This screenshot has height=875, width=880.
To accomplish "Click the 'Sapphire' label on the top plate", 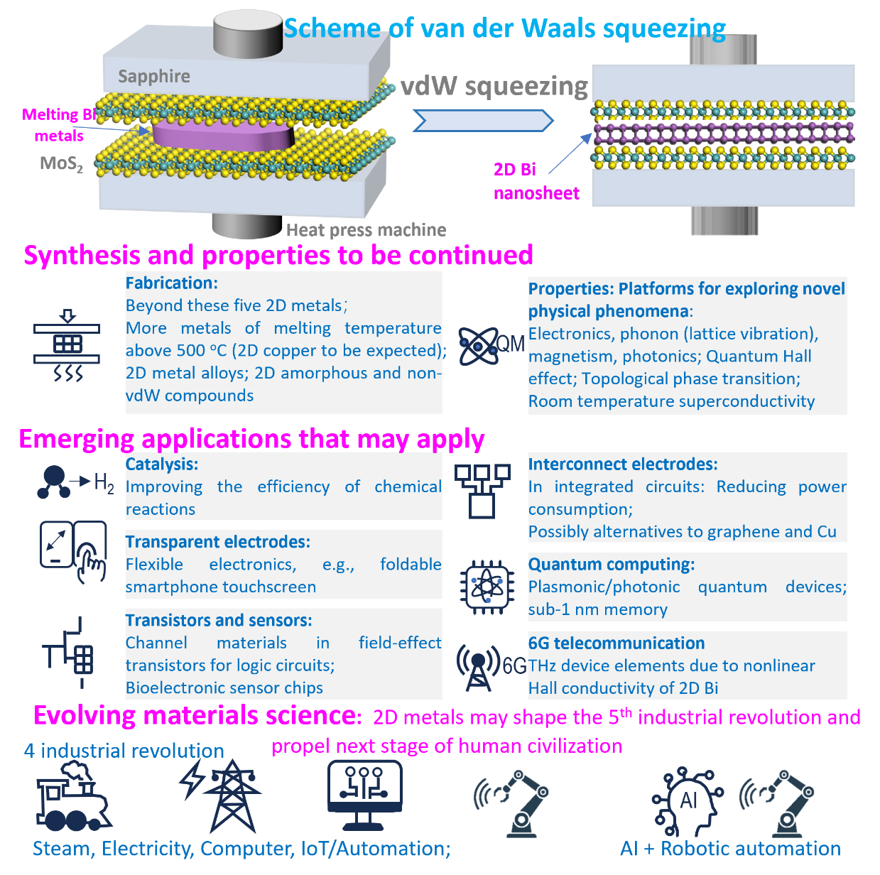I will click(x=154, y=77).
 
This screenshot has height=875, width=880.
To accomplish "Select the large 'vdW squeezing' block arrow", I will click(x=483, y=121).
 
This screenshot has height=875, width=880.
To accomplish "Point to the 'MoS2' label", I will click(x=61, y=164).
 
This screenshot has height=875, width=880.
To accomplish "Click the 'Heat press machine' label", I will click(x=366, y=230).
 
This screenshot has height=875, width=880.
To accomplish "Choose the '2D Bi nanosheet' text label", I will click(x=536, y=181).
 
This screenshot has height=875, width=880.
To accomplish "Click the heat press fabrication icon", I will click(x=67, y=345).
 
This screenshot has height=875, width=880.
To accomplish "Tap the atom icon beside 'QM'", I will click(x=478, y=346).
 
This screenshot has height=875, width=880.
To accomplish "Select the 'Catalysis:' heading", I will click(x=162, y=464).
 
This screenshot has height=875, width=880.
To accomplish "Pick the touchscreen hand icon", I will click(x=74, y=550).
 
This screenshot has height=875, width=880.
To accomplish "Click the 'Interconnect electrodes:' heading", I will click(x=623, y=464).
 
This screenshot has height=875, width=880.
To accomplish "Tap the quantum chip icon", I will click(x=487, y=587).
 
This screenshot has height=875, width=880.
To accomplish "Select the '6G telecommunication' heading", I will click(x=616, y=643).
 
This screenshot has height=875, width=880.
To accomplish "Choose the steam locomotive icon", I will click(x=72, y=797).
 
